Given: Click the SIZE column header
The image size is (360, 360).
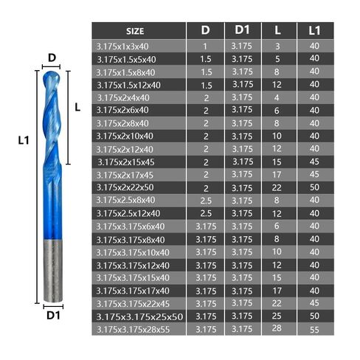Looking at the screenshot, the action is coord(135,31).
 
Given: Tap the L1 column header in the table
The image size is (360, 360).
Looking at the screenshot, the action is coord(314,30).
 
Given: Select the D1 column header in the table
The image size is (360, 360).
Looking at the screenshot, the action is coord(242,30).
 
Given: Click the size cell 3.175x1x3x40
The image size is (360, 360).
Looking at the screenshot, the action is coord(122,46).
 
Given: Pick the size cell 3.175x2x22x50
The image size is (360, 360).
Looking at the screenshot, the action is coord(125,187).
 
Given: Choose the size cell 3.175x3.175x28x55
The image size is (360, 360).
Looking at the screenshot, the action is coord(133,330).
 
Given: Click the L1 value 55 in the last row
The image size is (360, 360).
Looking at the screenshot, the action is coord(314,330).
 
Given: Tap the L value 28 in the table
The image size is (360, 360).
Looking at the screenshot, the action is coord(277,328).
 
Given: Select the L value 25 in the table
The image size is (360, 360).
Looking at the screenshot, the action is coord(277,316).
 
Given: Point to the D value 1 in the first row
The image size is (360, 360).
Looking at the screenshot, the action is coord(205,46).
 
